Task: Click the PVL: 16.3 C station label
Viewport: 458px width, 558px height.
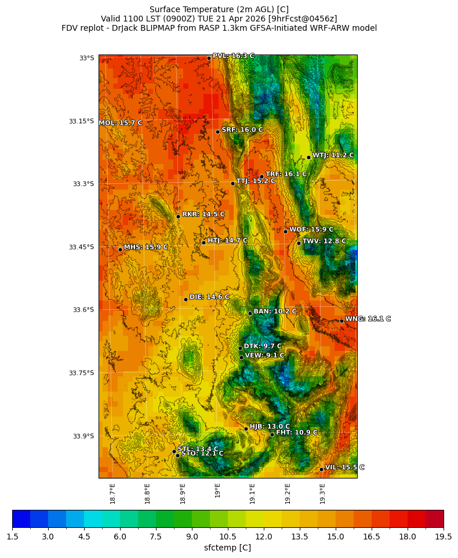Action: coord(233,56)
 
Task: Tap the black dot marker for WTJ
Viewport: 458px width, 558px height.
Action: coord(308,157)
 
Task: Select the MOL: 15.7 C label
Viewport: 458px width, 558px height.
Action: coord(120,123)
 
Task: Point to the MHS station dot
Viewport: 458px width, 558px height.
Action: coord(120,249)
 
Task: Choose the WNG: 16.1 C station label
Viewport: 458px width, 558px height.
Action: coord(368,319)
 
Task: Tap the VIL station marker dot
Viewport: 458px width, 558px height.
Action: coord(321,469)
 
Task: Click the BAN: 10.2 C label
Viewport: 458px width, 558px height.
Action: coord(275,311)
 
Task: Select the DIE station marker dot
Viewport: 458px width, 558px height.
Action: coord(186,299)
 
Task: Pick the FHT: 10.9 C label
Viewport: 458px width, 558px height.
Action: coord(296,433)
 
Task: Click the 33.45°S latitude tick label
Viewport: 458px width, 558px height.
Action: coord(81,247)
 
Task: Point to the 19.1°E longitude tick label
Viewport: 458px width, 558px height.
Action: coord(252,493)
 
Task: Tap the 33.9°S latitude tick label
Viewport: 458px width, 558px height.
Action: coord(83,436)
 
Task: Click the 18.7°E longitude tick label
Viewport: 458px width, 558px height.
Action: coord(112,493)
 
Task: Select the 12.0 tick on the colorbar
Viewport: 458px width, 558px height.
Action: coord(264,537)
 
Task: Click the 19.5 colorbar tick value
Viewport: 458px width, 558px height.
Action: coord(444,537)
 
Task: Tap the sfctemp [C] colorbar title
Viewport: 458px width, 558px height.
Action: coord(228,548)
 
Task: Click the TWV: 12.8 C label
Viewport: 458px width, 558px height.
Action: coord(323,241)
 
